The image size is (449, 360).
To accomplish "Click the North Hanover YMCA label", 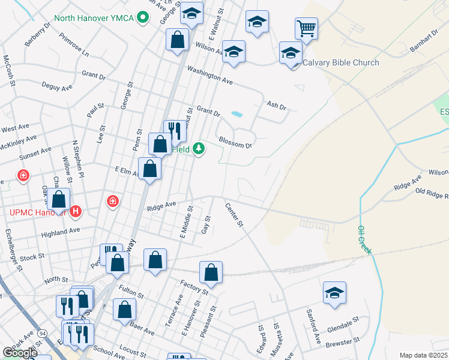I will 94,17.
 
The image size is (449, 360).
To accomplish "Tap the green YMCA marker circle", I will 143,17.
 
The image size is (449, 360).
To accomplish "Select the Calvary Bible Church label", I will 340,63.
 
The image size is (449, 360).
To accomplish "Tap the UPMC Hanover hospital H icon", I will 76,211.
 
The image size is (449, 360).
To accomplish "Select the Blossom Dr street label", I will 235,141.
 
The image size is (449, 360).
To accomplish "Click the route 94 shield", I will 42,332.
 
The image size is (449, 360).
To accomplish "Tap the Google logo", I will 20,353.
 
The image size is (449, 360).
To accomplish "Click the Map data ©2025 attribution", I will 423,355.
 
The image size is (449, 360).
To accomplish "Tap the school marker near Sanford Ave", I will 334,293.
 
